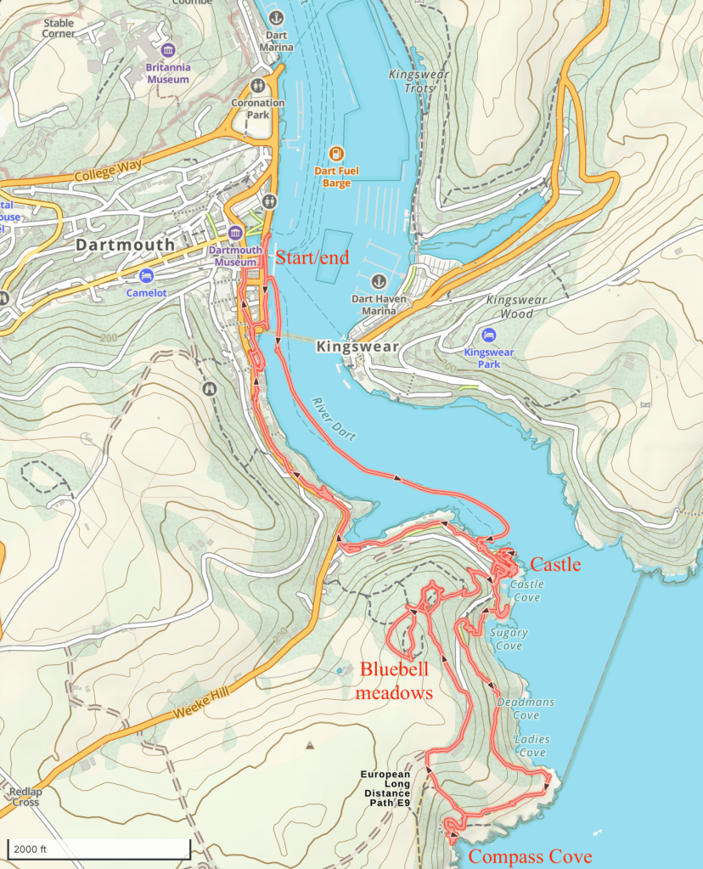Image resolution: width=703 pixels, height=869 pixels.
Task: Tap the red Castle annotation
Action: click(x=555, y=564)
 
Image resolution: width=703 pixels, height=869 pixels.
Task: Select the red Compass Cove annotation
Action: click(x=530, y=856)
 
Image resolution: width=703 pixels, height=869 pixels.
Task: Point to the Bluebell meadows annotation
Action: click(x=396, y=680)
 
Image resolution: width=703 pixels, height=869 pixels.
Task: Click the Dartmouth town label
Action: click(x=125, y=245)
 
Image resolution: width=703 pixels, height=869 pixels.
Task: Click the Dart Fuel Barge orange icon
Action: click(x=337, y=154)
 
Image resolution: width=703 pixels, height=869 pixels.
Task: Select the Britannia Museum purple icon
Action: click(x=167, y=50)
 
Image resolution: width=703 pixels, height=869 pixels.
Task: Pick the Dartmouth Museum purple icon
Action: click(x=236, y=233)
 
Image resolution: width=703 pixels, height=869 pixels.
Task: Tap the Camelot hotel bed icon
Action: click(x=146, y=276)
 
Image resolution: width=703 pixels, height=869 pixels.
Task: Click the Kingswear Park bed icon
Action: click(x=488, y=336)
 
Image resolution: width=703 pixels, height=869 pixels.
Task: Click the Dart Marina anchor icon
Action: click(x=275, y=17)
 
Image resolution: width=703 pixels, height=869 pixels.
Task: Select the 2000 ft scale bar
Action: click(x=98, y=849)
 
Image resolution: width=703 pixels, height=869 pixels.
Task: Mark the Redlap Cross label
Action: click(x=25, y=797)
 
